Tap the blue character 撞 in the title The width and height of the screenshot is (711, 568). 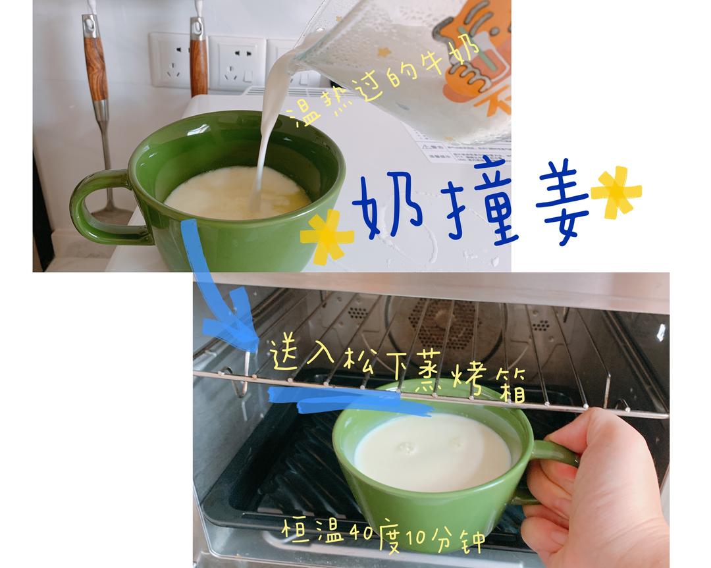pos(481,199)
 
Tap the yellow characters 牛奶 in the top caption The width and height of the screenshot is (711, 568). pos(451,56)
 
